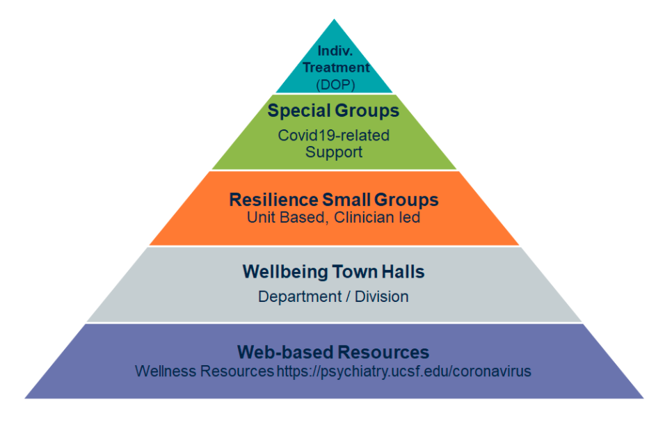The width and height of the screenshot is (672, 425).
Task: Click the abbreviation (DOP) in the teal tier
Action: tap(335, 84)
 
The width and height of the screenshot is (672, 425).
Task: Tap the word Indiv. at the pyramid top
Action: tap(335, 51)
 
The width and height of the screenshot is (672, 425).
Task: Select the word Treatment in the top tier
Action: tap(336, 67)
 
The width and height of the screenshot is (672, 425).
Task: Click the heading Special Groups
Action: tap(333, 111)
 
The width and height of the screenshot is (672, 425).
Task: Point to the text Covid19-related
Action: tap(333, 136)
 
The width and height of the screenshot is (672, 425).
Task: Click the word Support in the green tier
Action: tap(334, 152)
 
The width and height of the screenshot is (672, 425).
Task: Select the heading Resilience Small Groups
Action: tap(334, 200)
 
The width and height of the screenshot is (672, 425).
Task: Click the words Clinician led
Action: tap(377, 217)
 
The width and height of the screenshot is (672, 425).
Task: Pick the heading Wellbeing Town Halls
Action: tap(333, 272)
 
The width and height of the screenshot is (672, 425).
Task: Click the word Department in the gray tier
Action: tap(300, 296)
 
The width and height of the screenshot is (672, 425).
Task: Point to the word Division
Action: tap(381, 296)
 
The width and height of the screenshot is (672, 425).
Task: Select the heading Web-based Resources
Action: tap(333, 352)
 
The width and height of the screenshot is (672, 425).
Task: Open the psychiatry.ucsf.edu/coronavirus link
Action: tap(403, 371)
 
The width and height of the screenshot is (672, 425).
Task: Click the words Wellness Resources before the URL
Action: tap(205, 371)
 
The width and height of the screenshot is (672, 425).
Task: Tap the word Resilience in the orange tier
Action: tap(273, 200)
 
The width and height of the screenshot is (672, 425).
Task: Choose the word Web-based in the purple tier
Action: tap(284, 352)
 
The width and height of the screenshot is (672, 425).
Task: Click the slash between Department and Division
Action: tap(348, 296)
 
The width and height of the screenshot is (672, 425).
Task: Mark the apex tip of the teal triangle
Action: tap(335, 19)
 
